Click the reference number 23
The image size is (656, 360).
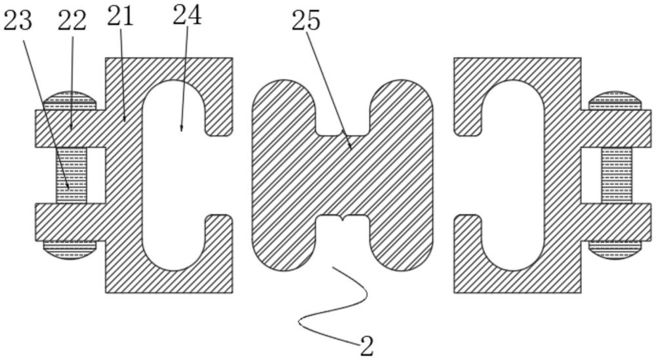click(17, 21)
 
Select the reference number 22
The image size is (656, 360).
click(72, 21)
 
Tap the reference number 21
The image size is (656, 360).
click(121, 17)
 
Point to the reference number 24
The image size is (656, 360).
click(188, 16)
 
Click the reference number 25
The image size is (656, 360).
click(306, 21)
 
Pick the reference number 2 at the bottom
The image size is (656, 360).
click(367, 346)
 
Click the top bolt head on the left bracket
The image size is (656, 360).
click(70, 101)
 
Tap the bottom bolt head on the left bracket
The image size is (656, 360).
click(70, 250)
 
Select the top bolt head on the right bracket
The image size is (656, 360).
click(615, 101)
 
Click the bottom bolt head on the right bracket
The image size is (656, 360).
click(615, 250)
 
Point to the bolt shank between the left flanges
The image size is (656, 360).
click(71, 175)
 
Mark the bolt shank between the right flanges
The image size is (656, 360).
click(617, 175)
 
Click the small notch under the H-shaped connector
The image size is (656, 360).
click(342, 218)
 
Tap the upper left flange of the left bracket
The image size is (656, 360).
click(70, 129)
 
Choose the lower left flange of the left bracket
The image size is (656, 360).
click(70, 222)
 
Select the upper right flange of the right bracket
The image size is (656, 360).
click(616, 129)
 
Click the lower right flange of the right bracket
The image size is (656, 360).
click(616, 222)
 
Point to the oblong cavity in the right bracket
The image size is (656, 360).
click(513, 175)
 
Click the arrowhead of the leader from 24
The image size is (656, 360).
click(181, 128)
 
